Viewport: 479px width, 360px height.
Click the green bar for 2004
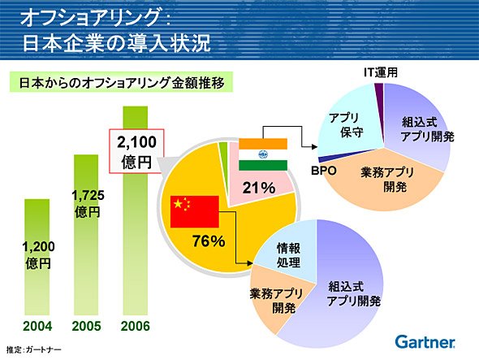pyautogui.click(x=37, y=257)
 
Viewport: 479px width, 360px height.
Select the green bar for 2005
pyautogui.click(x=86, y=235)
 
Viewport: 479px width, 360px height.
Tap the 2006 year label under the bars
pyautogui.click(x=136, y=327)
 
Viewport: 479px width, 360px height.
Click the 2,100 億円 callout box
pyautogui.click(x=136, y=151)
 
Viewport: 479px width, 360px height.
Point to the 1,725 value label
pyautogui.click(x=88, y=196)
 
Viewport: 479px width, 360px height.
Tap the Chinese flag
pyautogui.click(x=195, y=211)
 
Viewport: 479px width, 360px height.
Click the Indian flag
pyautogui.click(x=263, y=154)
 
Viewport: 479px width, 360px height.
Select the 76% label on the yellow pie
pyautogui.click(x=209, y=241)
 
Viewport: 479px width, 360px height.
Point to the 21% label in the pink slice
pyautogui.click(x=259, y=188)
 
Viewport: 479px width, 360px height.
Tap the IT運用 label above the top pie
pyautogui.click(x=381, y=72)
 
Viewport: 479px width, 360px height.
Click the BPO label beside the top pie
pyautogui.click(x=324, y=171)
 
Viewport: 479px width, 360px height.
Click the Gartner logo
pyautogui.click(x=425, y=342)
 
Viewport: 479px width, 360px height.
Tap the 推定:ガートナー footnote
pyautogui.click(x=33, y=349)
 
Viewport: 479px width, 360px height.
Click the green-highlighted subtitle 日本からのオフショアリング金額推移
pyautogui.click(x=121, y=82)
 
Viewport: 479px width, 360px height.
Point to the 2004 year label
pyautogui.click(x=37, y=327)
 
